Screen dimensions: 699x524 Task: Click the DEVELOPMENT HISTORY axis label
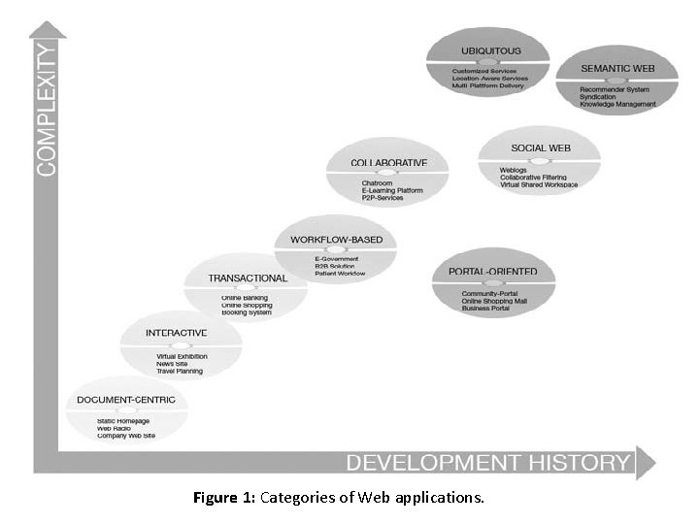[x=487, y=462]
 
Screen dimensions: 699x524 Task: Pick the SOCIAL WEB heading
[x=539, y=147]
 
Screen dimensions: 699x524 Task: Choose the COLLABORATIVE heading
[x=388, y=162]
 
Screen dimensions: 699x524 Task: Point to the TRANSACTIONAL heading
[x=248, y=278]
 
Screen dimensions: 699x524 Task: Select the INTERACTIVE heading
[x=177, y=334]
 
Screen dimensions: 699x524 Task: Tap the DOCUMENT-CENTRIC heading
[x=126, y=400]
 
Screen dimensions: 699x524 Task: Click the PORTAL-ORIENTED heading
[x=493, y=272]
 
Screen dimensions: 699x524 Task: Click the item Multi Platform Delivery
[x=487, y=85]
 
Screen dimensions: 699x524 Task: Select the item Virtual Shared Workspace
[x=540, y=184]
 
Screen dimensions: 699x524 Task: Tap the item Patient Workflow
[x=337, y=275]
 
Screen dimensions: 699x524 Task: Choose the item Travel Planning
[x=179, y=371]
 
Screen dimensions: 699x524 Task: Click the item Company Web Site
[x=126, y=437]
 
